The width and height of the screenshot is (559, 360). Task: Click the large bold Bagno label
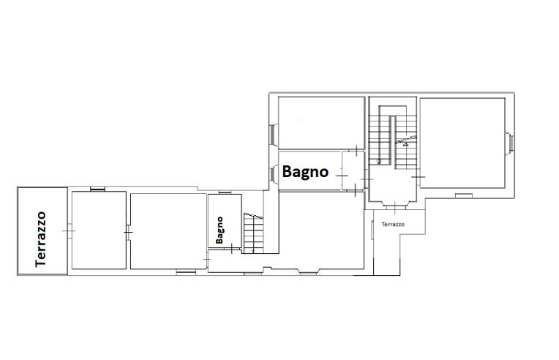coord(305,172)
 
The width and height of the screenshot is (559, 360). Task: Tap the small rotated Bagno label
coord(220,230)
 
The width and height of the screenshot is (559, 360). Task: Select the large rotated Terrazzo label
coord(41,239)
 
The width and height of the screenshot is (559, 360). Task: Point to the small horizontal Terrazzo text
coord(393,225)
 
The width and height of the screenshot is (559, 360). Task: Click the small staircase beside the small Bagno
coord(253,233)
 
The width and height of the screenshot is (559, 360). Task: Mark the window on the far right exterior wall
coord(510,143)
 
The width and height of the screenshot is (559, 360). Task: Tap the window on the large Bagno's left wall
coord(274,175)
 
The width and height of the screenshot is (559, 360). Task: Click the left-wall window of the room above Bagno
coord(274,134)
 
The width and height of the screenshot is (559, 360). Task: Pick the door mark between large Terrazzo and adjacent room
coord(69,231)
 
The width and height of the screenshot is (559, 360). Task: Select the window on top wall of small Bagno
coord(225,192)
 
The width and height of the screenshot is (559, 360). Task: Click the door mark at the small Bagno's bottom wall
coord(232,249)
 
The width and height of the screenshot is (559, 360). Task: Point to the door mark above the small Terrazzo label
coord(395,208)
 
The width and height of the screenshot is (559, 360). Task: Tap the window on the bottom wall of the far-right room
coord(464,195)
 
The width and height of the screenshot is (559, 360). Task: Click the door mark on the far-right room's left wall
coord(419,177)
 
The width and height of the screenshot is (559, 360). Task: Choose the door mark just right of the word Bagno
coord(342,176)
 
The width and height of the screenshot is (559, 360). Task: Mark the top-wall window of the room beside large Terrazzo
coord(98,189)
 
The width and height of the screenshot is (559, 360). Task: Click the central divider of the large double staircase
coord(392,140)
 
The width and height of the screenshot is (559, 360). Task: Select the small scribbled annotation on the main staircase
coord(405,141)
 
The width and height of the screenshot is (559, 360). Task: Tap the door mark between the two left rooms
coord(128,232)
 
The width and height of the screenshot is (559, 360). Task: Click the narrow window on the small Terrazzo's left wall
coord(372,230)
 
